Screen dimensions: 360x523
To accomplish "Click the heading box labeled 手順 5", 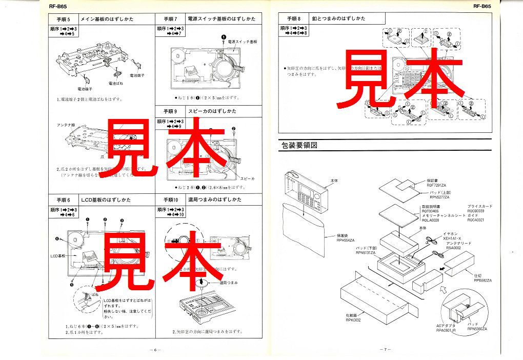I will tap(60, 19).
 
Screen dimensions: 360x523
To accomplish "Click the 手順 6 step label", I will tap(60, 199).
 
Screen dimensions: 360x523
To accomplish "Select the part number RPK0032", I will tap(354, 319).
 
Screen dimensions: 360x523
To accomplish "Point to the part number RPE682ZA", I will tap(482, 281).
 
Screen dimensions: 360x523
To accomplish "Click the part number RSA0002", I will tap(454, 247).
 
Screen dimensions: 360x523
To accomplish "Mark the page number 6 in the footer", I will tap(154, 350).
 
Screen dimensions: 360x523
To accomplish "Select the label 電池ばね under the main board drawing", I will tap(115, 83).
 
